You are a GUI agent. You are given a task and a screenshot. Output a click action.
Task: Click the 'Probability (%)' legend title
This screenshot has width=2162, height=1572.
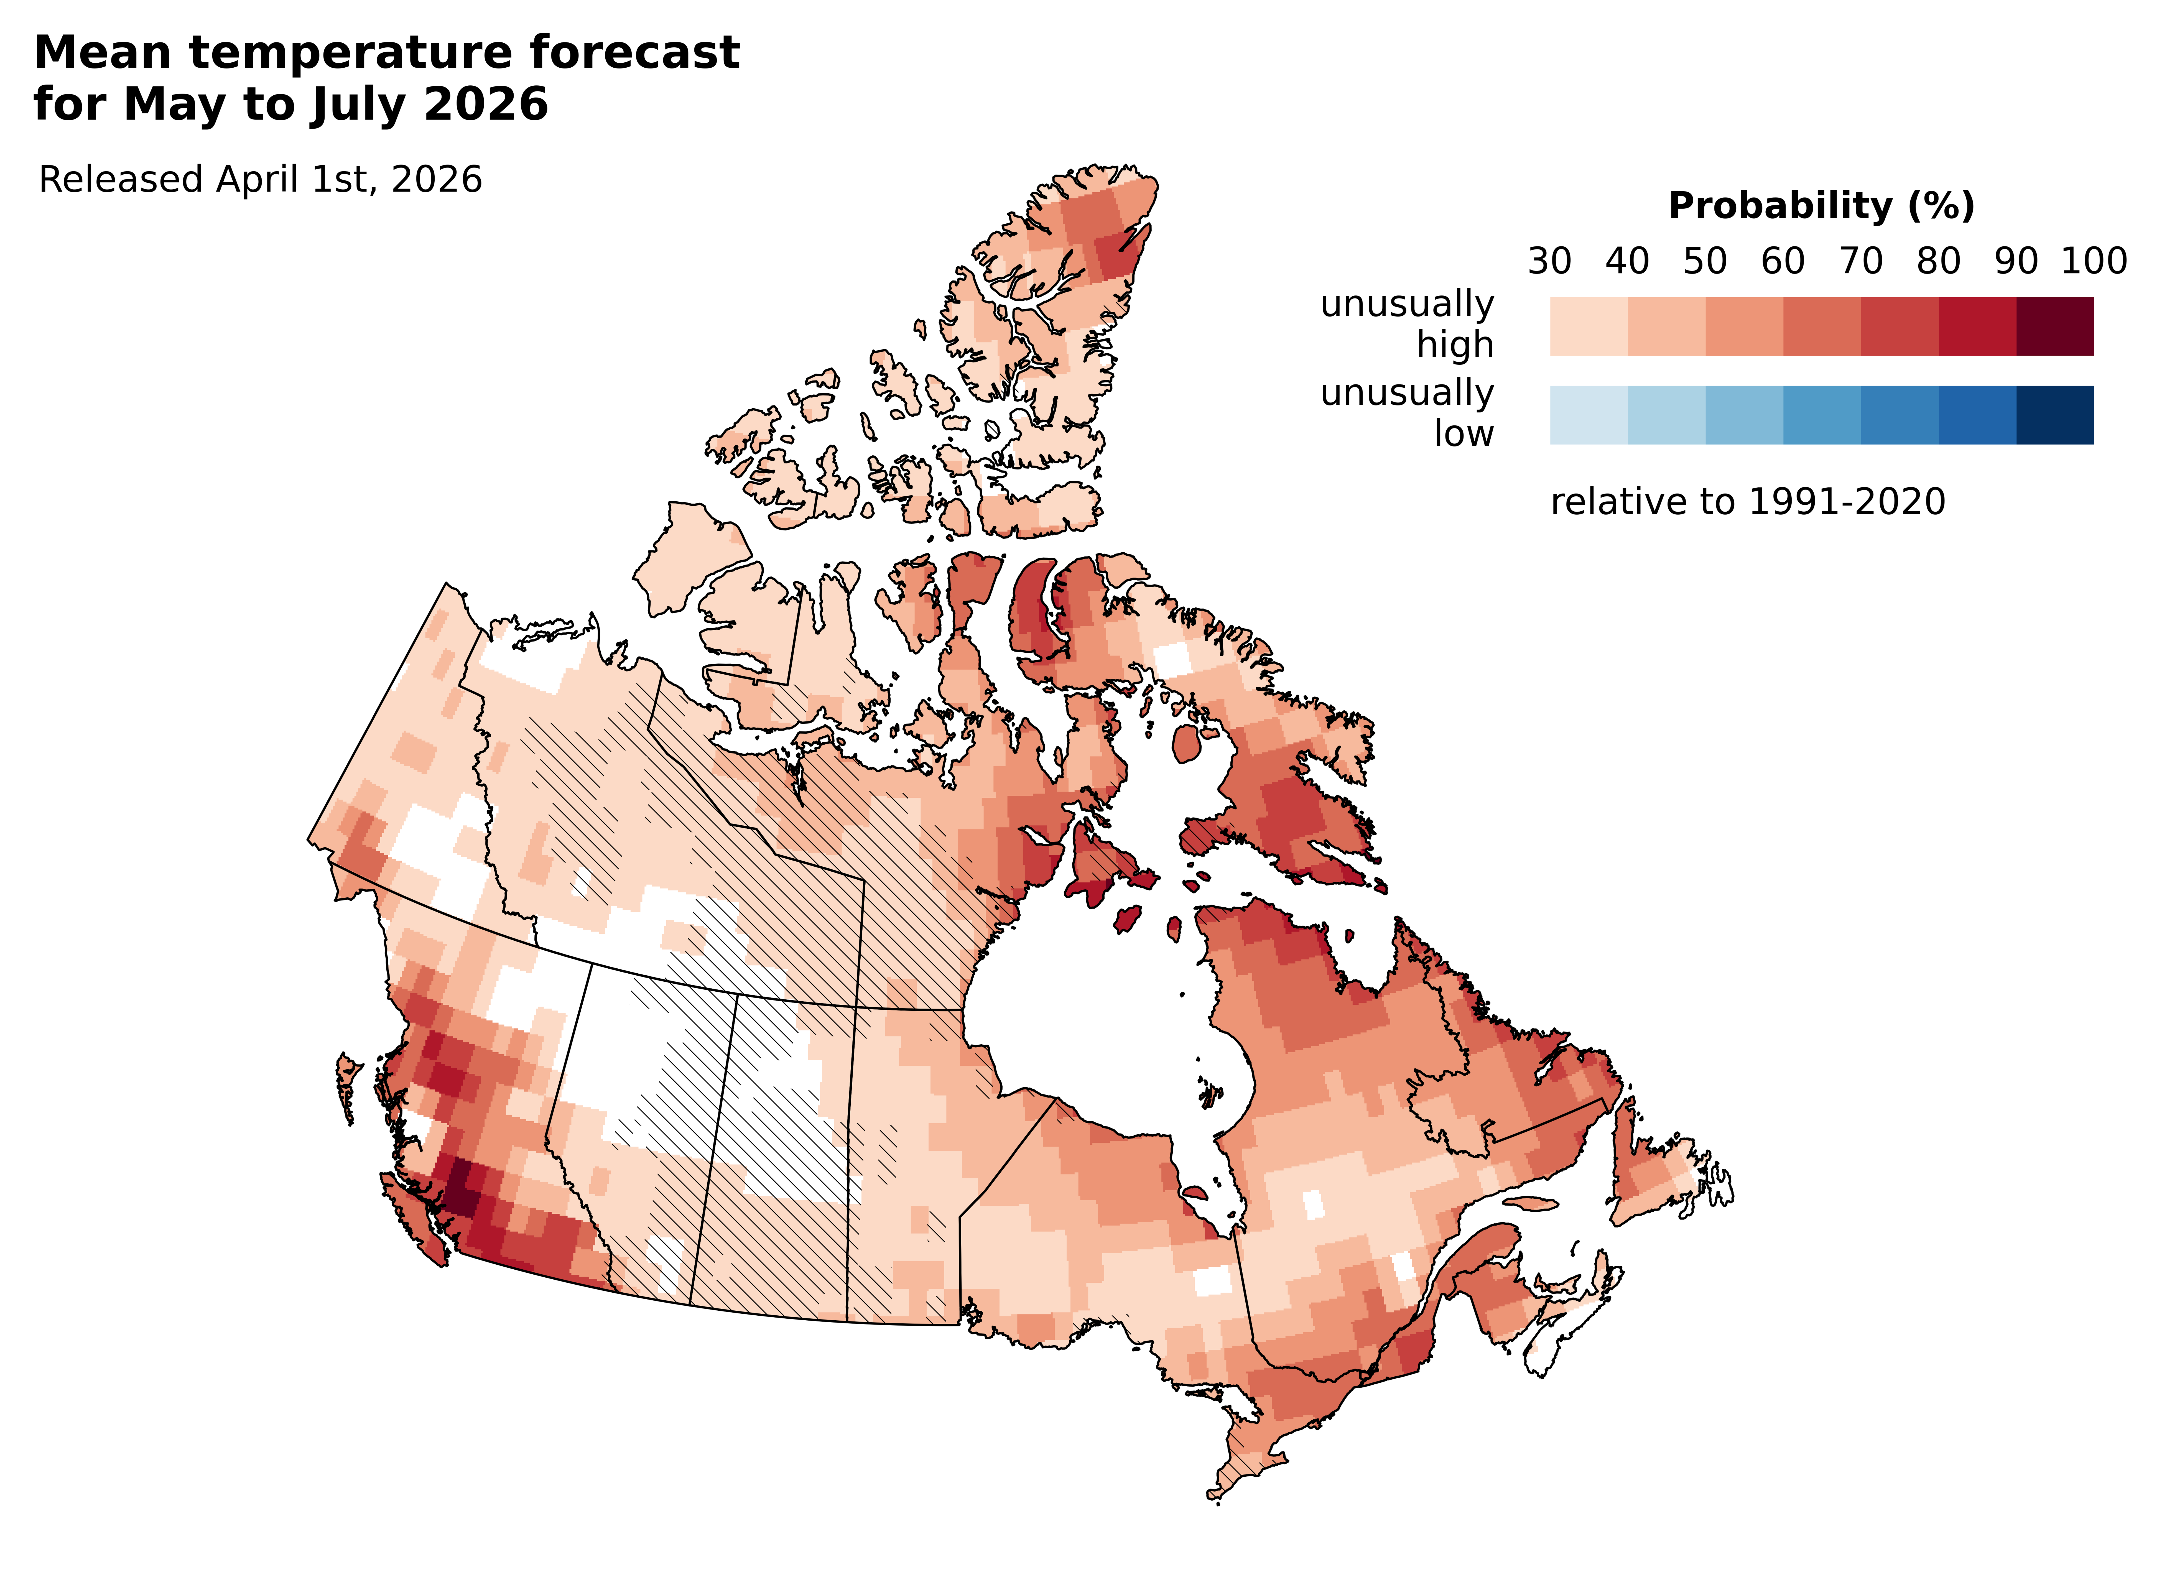(1821, 206)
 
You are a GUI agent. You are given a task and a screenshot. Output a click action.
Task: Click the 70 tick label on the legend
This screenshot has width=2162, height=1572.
(1861, 261)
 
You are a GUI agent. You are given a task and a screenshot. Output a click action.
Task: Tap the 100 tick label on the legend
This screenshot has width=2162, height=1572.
(2093, 261)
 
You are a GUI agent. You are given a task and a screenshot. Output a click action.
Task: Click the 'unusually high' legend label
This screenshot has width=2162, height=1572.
(1407, 324)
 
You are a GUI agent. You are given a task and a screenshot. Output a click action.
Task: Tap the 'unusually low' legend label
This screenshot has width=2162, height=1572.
(1407, 413)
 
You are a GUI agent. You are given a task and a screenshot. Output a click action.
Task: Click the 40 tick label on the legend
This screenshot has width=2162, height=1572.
(1627, 261)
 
